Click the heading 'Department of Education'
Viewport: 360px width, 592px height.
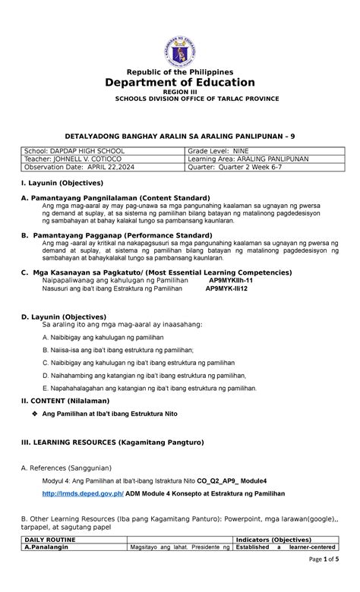click(180, 82)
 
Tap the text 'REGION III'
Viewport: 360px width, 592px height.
click(180, 92)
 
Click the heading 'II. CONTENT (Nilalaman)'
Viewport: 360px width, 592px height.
click(65, 400)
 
